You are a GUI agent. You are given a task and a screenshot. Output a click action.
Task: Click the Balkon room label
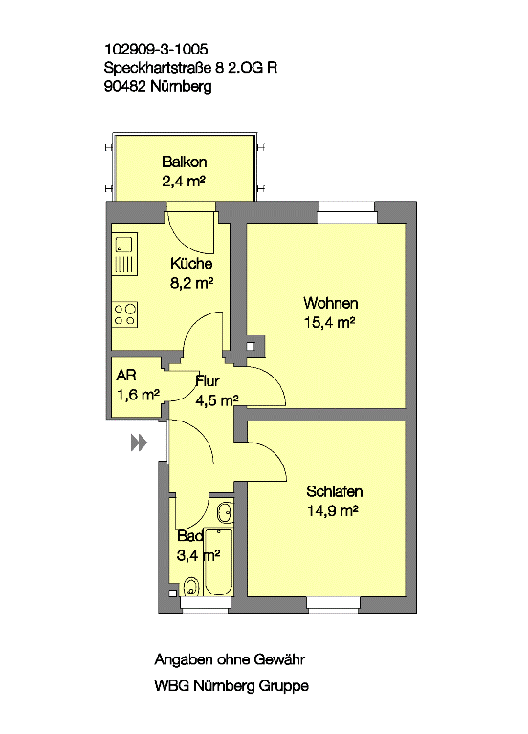pos(184,162)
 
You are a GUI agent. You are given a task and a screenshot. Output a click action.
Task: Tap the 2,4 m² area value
pos(184,182)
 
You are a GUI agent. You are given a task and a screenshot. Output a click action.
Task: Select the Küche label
pos(191,263)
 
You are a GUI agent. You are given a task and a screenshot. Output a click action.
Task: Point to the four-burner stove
pos(124,314)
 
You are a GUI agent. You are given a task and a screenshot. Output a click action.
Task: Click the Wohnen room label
pos(331,303)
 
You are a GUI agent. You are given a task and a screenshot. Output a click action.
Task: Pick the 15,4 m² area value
pos(329,322)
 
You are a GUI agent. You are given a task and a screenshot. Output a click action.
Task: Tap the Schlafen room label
pos(335,491)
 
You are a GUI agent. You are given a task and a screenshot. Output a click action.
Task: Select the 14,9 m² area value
pos(333,510)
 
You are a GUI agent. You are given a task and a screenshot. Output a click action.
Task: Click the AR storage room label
pos(126,375)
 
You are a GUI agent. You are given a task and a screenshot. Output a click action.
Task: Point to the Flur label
pos(208,381)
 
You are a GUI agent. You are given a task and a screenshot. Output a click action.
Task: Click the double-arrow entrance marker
pos(139,443)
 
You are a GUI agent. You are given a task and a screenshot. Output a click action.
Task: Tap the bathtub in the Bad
pos(218,563)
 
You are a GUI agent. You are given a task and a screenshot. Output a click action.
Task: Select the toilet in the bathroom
pos(190,586)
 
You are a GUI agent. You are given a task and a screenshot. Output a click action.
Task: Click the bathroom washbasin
pos(225,512)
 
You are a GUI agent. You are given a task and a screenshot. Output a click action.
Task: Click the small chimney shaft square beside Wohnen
pos(251,347)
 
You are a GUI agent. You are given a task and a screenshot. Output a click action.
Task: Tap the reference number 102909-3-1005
pos(156,49)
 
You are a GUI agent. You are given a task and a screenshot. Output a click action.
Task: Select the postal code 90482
pos(125,87)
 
